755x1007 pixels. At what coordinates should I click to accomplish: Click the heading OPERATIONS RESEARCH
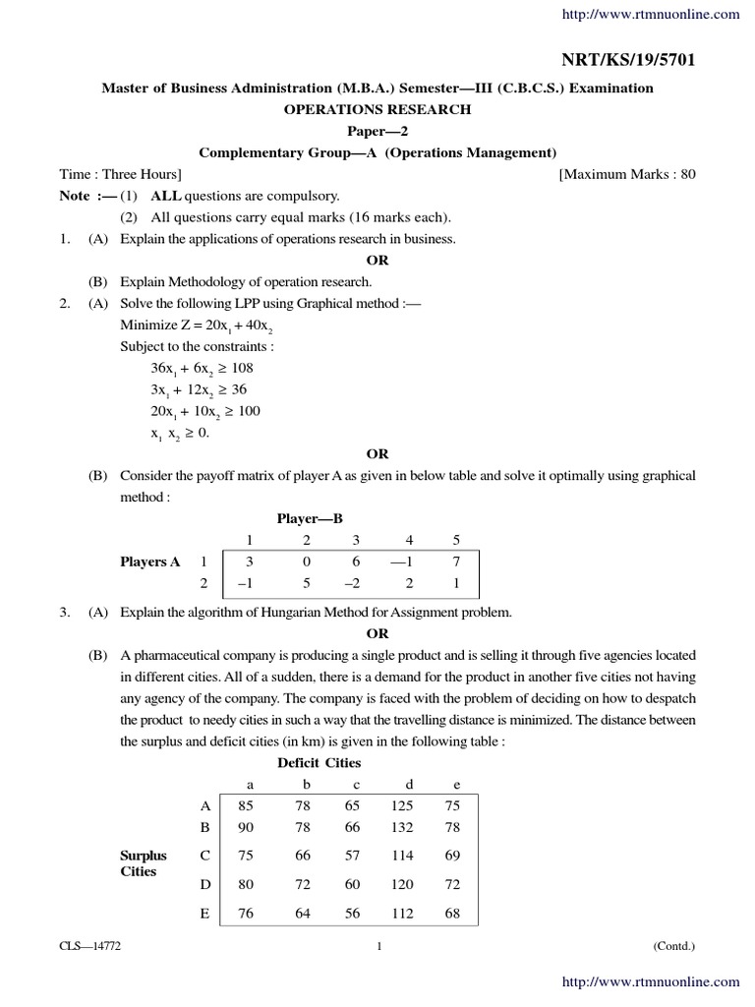(x=377, y=109)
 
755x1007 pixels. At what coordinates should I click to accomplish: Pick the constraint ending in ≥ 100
(x=204, y=411)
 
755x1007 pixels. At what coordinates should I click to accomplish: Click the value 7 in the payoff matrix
(x=455, y=562)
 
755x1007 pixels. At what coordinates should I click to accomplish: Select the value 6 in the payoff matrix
(x=355, y=562)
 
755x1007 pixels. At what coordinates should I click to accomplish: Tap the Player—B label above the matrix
(x=310, y=518)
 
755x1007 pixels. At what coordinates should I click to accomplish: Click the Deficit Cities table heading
(x=319, y=762)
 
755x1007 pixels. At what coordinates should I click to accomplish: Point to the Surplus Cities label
(x=144, y=863)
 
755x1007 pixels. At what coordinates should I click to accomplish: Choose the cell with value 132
(x=402, y=827)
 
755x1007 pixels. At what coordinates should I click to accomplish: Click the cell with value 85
(x=247, y=805)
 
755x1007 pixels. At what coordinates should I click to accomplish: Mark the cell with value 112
(x=402, y=914)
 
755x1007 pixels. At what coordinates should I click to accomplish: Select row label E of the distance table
(x=204, y=914)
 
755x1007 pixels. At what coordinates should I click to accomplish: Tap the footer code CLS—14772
(x=89, y=946)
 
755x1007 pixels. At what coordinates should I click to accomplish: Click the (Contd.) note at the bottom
(x=673, y=946)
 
